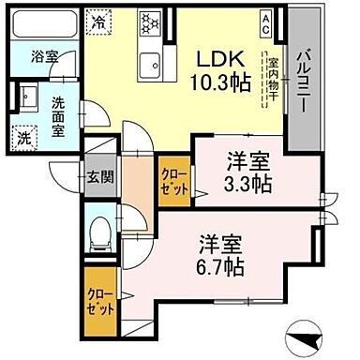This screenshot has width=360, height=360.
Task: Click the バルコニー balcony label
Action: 304,82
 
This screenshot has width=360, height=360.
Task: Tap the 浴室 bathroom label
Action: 44,56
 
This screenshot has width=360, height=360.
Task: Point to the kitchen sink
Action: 149,67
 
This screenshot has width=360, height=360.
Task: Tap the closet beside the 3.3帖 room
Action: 174,180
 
